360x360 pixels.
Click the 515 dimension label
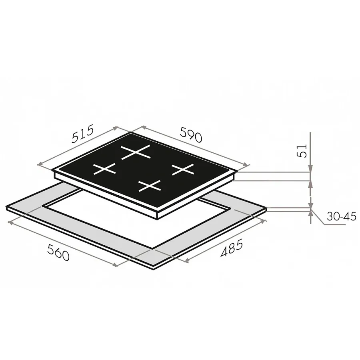pos(83,134)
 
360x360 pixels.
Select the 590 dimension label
pos(191,134)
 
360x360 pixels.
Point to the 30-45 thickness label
pos(342,216)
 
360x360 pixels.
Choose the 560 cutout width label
pos(58,252)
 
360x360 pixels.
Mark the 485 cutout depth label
pos(232,248)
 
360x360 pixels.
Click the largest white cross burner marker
pos(136,152)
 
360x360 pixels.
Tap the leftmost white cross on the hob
pos(104,169)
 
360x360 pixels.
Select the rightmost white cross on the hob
pos(183,170)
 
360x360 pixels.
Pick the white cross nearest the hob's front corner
pos(150,186)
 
